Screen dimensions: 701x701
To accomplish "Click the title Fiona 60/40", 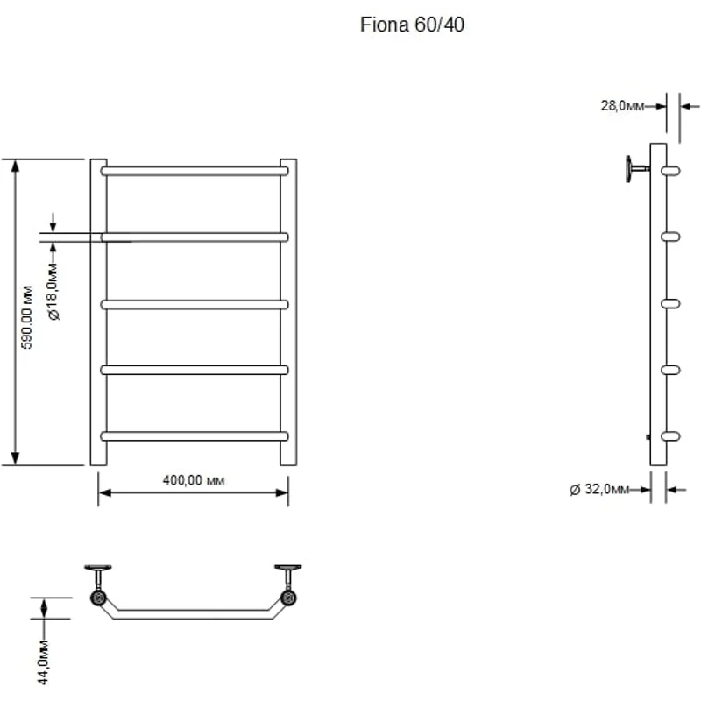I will (412, 25).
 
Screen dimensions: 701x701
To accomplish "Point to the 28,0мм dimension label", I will (621, 105).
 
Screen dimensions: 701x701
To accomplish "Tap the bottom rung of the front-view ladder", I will (195, 435).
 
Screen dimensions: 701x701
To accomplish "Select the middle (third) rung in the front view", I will (195, 304).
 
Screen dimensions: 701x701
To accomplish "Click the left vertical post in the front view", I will (99, 312).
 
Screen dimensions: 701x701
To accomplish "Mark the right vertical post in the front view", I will (288, 312).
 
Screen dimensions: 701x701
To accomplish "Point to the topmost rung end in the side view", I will (671, 170).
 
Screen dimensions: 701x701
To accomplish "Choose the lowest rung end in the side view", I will (671, 435).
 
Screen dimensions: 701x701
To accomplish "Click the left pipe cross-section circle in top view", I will (98, 599).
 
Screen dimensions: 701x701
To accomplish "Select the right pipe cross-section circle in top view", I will (287, 599).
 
